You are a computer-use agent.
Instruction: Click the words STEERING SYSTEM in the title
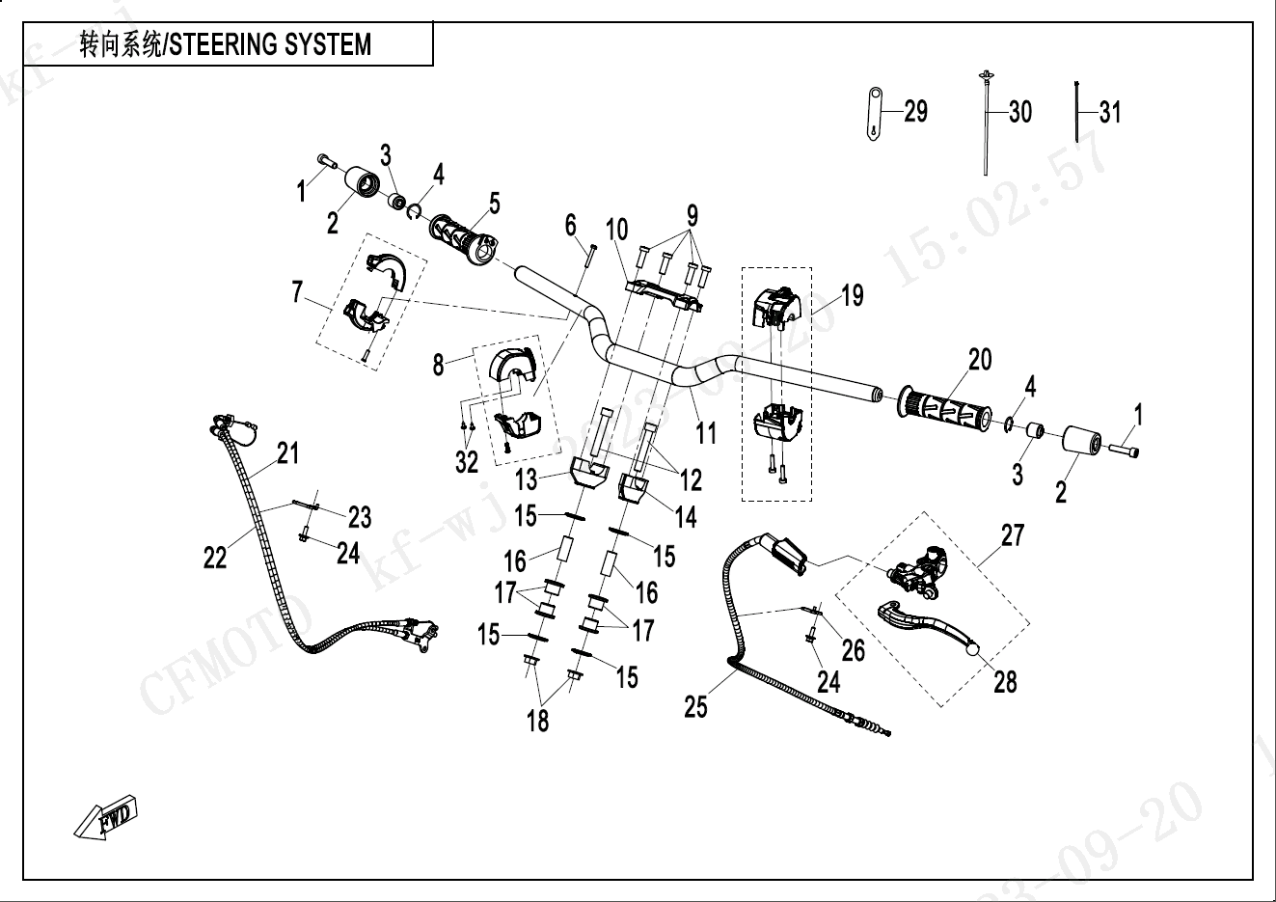click(x=271, y=44)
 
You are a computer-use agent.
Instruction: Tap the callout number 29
click(x=915, y=111)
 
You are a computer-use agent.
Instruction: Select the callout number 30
click(x=1019, y=112)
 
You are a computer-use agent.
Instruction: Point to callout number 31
click(x=1110, y=112)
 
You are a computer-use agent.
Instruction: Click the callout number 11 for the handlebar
click(x=707, y=432)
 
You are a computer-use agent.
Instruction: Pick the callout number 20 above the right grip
click(x=980, y=360)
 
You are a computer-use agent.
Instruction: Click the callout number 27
click(x=1012, y=535)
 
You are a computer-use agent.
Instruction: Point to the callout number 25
click(x=695, y=707)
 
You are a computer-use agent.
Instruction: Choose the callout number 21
click(x=288, y=452)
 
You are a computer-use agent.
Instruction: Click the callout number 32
click(x=467, y=462)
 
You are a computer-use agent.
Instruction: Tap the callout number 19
click(x=853, y=294)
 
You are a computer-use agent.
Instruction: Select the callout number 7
click(x=298, y=291)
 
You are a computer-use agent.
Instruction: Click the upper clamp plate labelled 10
click(x=665, y=288)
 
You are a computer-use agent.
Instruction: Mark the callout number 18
click(x=537, y=720)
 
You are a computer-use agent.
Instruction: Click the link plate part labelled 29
click(x=874, y=113)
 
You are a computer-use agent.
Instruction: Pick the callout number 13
click(x=527, y=478)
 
